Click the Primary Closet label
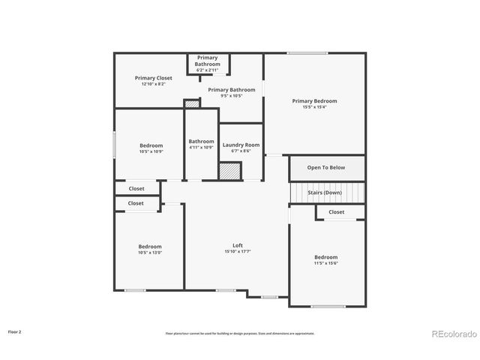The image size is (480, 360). pos(153,78)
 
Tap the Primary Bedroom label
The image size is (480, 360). pos(314,101)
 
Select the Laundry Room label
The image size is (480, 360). pos(241,145)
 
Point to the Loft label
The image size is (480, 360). pos(238,245)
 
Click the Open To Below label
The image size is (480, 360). pos(326,167)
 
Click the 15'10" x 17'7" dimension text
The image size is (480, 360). pos(238,252)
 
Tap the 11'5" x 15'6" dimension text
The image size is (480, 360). pos(326,263)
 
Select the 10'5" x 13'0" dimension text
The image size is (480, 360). pos(150,253)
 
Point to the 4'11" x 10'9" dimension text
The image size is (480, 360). pos(201,147)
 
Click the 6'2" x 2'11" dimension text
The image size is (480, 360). pos(208,70)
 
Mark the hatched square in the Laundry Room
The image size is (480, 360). pos(230,171)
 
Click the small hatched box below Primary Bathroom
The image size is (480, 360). pos(192,104)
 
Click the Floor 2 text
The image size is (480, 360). pos(15,331)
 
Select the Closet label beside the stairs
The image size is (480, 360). pos(336,212)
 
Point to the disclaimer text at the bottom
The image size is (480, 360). pos(240,333)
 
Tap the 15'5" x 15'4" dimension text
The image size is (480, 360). pos(314,107)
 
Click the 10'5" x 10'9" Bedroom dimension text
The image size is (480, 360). pos(151,151)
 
